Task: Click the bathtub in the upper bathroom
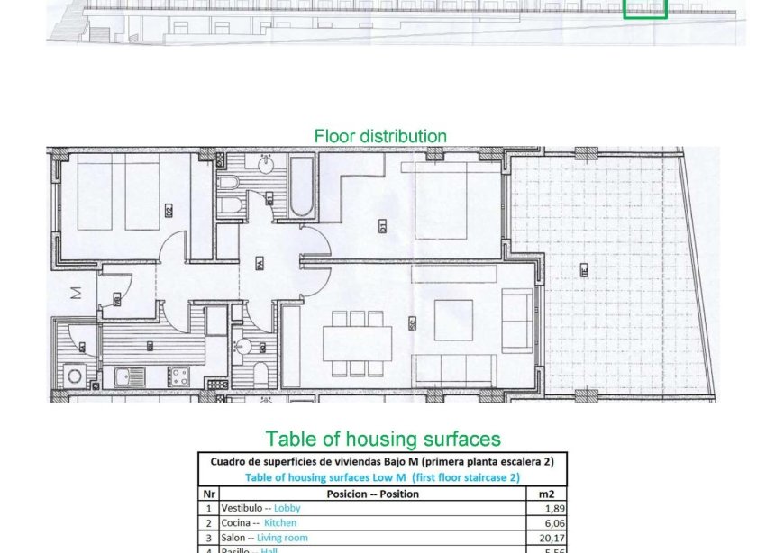click(301, 186)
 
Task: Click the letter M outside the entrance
click(77, 292)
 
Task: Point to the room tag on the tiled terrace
click(584, 268)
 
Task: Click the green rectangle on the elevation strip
click(645, 8)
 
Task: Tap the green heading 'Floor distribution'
click(380, 136)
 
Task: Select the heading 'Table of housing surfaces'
click(382, 439)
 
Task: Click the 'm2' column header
click(546, 494)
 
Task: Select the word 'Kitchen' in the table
click(279, 522)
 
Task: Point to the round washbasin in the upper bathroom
click(267, 165)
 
